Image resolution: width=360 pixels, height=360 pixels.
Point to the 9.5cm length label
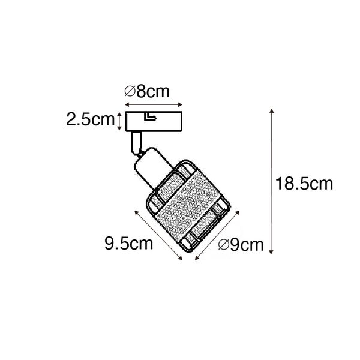(128, 243)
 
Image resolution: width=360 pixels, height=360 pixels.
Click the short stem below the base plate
(136, 142)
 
